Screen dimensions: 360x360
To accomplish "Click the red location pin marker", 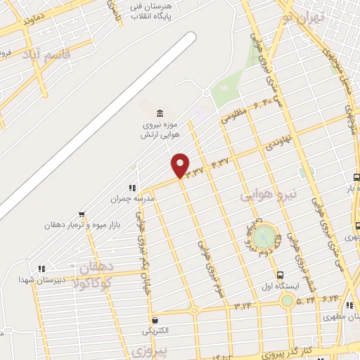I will [x=181, y=165].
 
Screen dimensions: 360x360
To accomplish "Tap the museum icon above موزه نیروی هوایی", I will [x=161, y=114].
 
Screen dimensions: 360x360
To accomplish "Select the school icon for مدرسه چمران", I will [x=131, y=188].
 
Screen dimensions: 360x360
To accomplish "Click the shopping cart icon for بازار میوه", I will [x=82, y=214].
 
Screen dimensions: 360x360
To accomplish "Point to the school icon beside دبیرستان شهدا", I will [x=41, y=268].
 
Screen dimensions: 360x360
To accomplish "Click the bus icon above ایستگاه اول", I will [x=281, y=276].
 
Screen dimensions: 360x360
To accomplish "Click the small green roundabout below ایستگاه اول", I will [x=287, y=301].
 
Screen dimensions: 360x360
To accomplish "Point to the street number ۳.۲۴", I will [x=243, y=305].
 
